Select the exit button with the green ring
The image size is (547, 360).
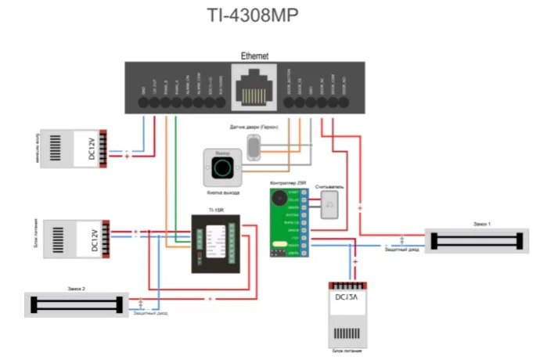pos(221,167)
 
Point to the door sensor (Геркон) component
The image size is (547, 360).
pos(254,146)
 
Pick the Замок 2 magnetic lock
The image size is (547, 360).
pos(75,303)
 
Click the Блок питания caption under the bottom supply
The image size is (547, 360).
pos(344,351)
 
